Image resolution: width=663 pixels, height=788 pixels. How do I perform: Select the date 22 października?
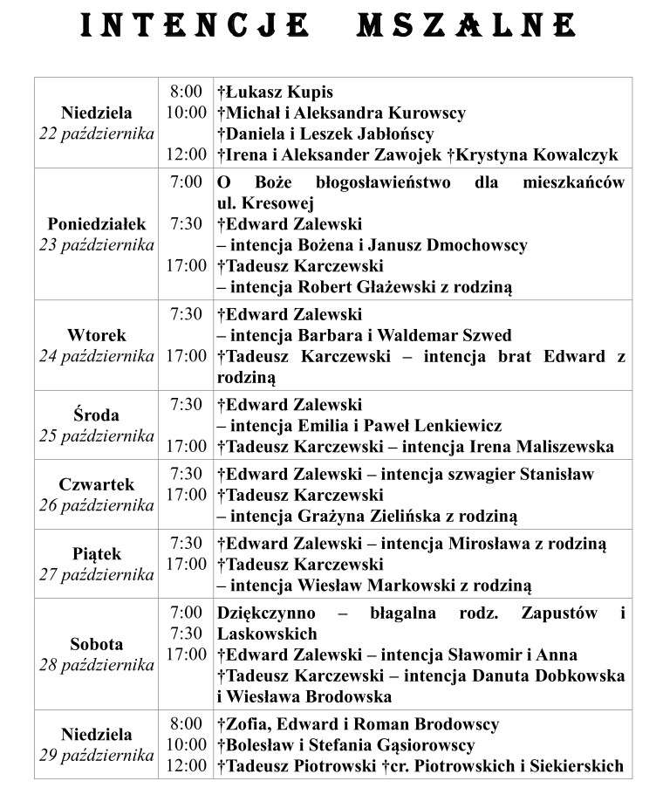click(x=96, y=134)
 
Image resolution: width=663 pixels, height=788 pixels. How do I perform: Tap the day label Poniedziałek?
click(x=96, y=224)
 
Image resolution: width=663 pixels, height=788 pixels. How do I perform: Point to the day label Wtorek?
click(x=96, y=335)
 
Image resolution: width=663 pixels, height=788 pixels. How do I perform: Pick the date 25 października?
click(x=96, y=435)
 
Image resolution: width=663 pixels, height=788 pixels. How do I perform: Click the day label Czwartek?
click(x=96, y=484)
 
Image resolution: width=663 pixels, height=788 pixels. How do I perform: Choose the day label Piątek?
click(x=96, y=554)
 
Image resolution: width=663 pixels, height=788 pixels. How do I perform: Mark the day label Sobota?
click(x=96, y=645)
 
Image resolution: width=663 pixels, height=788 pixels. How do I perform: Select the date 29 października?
click(x=96, y=755)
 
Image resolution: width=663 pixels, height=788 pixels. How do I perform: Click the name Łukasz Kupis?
click(x=278, y=92)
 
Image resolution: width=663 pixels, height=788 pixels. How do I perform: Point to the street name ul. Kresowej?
click(x=258, y=203)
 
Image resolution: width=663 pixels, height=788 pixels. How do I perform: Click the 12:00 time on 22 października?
click(x=187, y=154)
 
